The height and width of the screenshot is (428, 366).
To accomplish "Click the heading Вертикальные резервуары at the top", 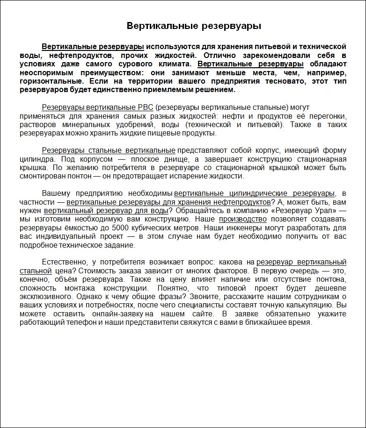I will (194, 26).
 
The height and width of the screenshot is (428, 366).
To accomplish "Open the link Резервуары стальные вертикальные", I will (109, 150).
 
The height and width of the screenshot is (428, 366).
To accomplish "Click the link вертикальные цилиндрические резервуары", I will (255, 193).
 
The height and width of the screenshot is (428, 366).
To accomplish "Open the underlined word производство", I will (243, 219).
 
